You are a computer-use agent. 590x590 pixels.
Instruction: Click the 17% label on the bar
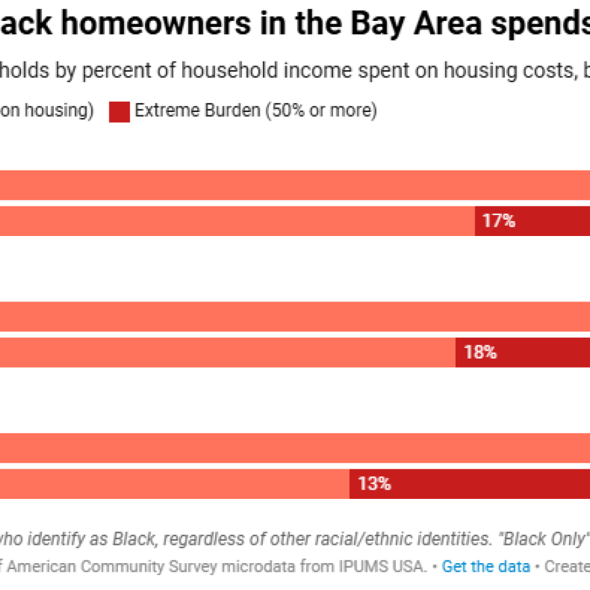click(x=499, y=222)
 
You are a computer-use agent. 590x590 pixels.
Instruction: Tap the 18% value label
click(x=480, y=353)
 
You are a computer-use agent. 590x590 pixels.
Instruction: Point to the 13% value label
click(x=374, y=484)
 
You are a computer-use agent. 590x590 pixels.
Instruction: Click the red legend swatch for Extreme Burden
click(x=119, y=111)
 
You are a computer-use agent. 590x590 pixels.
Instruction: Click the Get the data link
click(x=486, y=566)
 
